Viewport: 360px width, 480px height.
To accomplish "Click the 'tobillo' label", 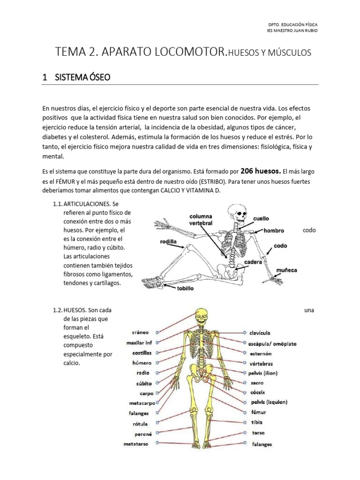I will click(184, 288).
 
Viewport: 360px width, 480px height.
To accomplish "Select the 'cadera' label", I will click(253, 262).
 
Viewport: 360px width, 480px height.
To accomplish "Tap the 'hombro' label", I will click(274, 231).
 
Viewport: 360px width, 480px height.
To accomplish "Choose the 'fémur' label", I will click(258, 412).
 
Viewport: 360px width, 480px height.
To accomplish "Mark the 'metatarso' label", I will click(137, 443).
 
